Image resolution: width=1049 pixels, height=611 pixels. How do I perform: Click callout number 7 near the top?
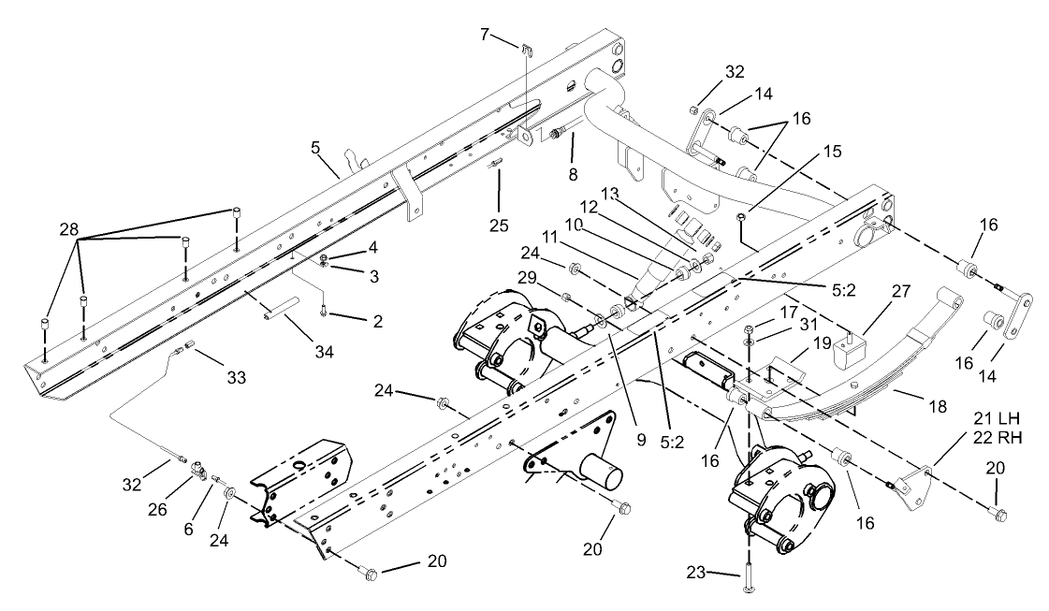pos(485,35)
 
